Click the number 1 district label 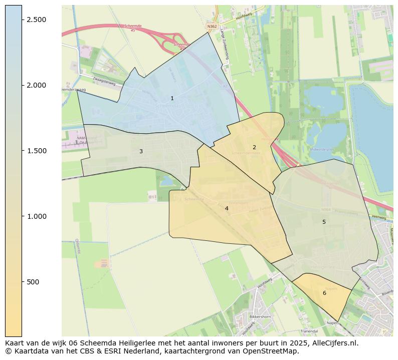pyautogui.click(x=172, y=99)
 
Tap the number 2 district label pyautogui.click(x=254, y=147)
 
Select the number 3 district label pyautogui.click(x=141, y=151)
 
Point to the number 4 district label pyautogui.click(x=227, y=208)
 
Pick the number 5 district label pyautogui.click(x=324, y=222)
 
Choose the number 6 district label pyautogui.click(x=324, y=293)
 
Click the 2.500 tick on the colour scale pyautogui.click(x=37, y=20)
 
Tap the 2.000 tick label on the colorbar pyautogui.click(x=37, y=85)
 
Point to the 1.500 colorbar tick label pyautogui.click(x=37, y=151)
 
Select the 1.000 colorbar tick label pyautogui.click(x=37, y=216)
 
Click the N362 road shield pyautogui.click(x=212, y=26)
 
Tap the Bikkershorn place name pyautogui.click(x=260, y=317)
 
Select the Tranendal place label pyautogui.click(x=309, y=331)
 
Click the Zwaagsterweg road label pyautogui.click(x=104, y=82)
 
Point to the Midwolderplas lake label pyautogui.click(x=322, y=149)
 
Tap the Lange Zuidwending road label pyautogui.click(x=224, y=44)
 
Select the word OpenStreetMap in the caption pyautogui.click(x=275, y=351)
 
